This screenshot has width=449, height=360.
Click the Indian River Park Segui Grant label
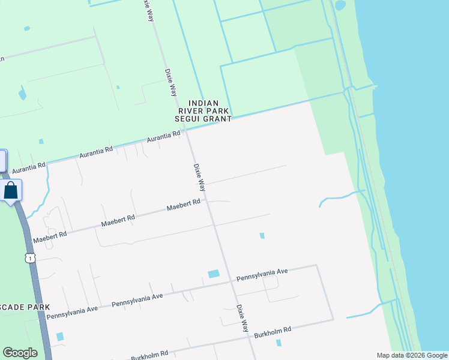pyautogui.click(x=202, y=111)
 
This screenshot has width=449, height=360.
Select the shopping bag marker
pyautogui.click(x=11, y=191)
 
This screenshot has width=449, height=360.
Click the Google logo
pyautogui.click(x=20, y=353)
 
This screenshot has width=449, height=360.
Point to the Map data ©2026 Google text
pyautogui.click(x=411, y=355)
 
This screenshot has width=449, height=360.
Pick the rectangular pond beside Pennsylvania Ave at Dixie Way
pyautogui.click(x=214, y=274)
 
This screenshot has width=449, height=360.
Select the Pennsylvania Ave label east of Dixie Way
pyautogui.click(x=262, y=275)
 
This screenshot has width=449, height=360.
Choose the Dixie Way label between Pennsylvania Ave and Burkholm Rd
pyautogui.click(x=242, y=318)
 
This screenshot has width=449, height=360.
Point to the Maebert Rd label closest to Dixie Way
pyautogui.click(x=183, y=205)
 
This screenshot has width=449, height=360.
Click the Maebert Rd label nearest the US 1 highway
pyautogui.click(x=49, y=235)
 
